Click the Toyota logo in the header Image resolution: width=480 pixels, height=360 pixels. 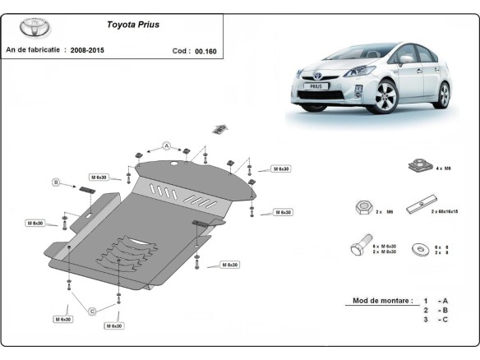click(x=34, y=27)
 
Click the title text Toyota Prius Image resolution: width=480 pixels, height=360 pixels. click(x=133, y=25)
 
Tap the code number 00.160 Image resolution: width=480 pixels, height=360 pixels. click(x=205, y=50)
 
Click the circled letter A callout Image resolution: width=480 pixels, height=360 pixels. click(x=166, y=145)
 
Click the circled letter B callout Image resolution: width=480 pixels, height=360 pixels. click(x=57, y=182)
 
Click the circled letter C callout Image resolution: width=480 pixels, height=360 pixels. click(x=93, y=310)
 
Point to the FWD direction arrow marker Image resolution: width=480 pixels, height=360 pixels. click(x=219, y=128)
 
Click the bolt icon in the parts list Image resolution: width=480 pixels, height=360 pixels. click(x=358, y=248)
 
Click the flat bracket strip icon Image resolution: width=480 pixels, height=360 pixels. click(x=427, y=202)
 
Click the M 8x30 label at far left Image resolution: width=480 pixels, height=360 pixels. click(x=35, y=224)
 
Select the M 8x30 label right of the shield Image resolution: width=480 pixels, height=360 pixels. click(x=228, y=265)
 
